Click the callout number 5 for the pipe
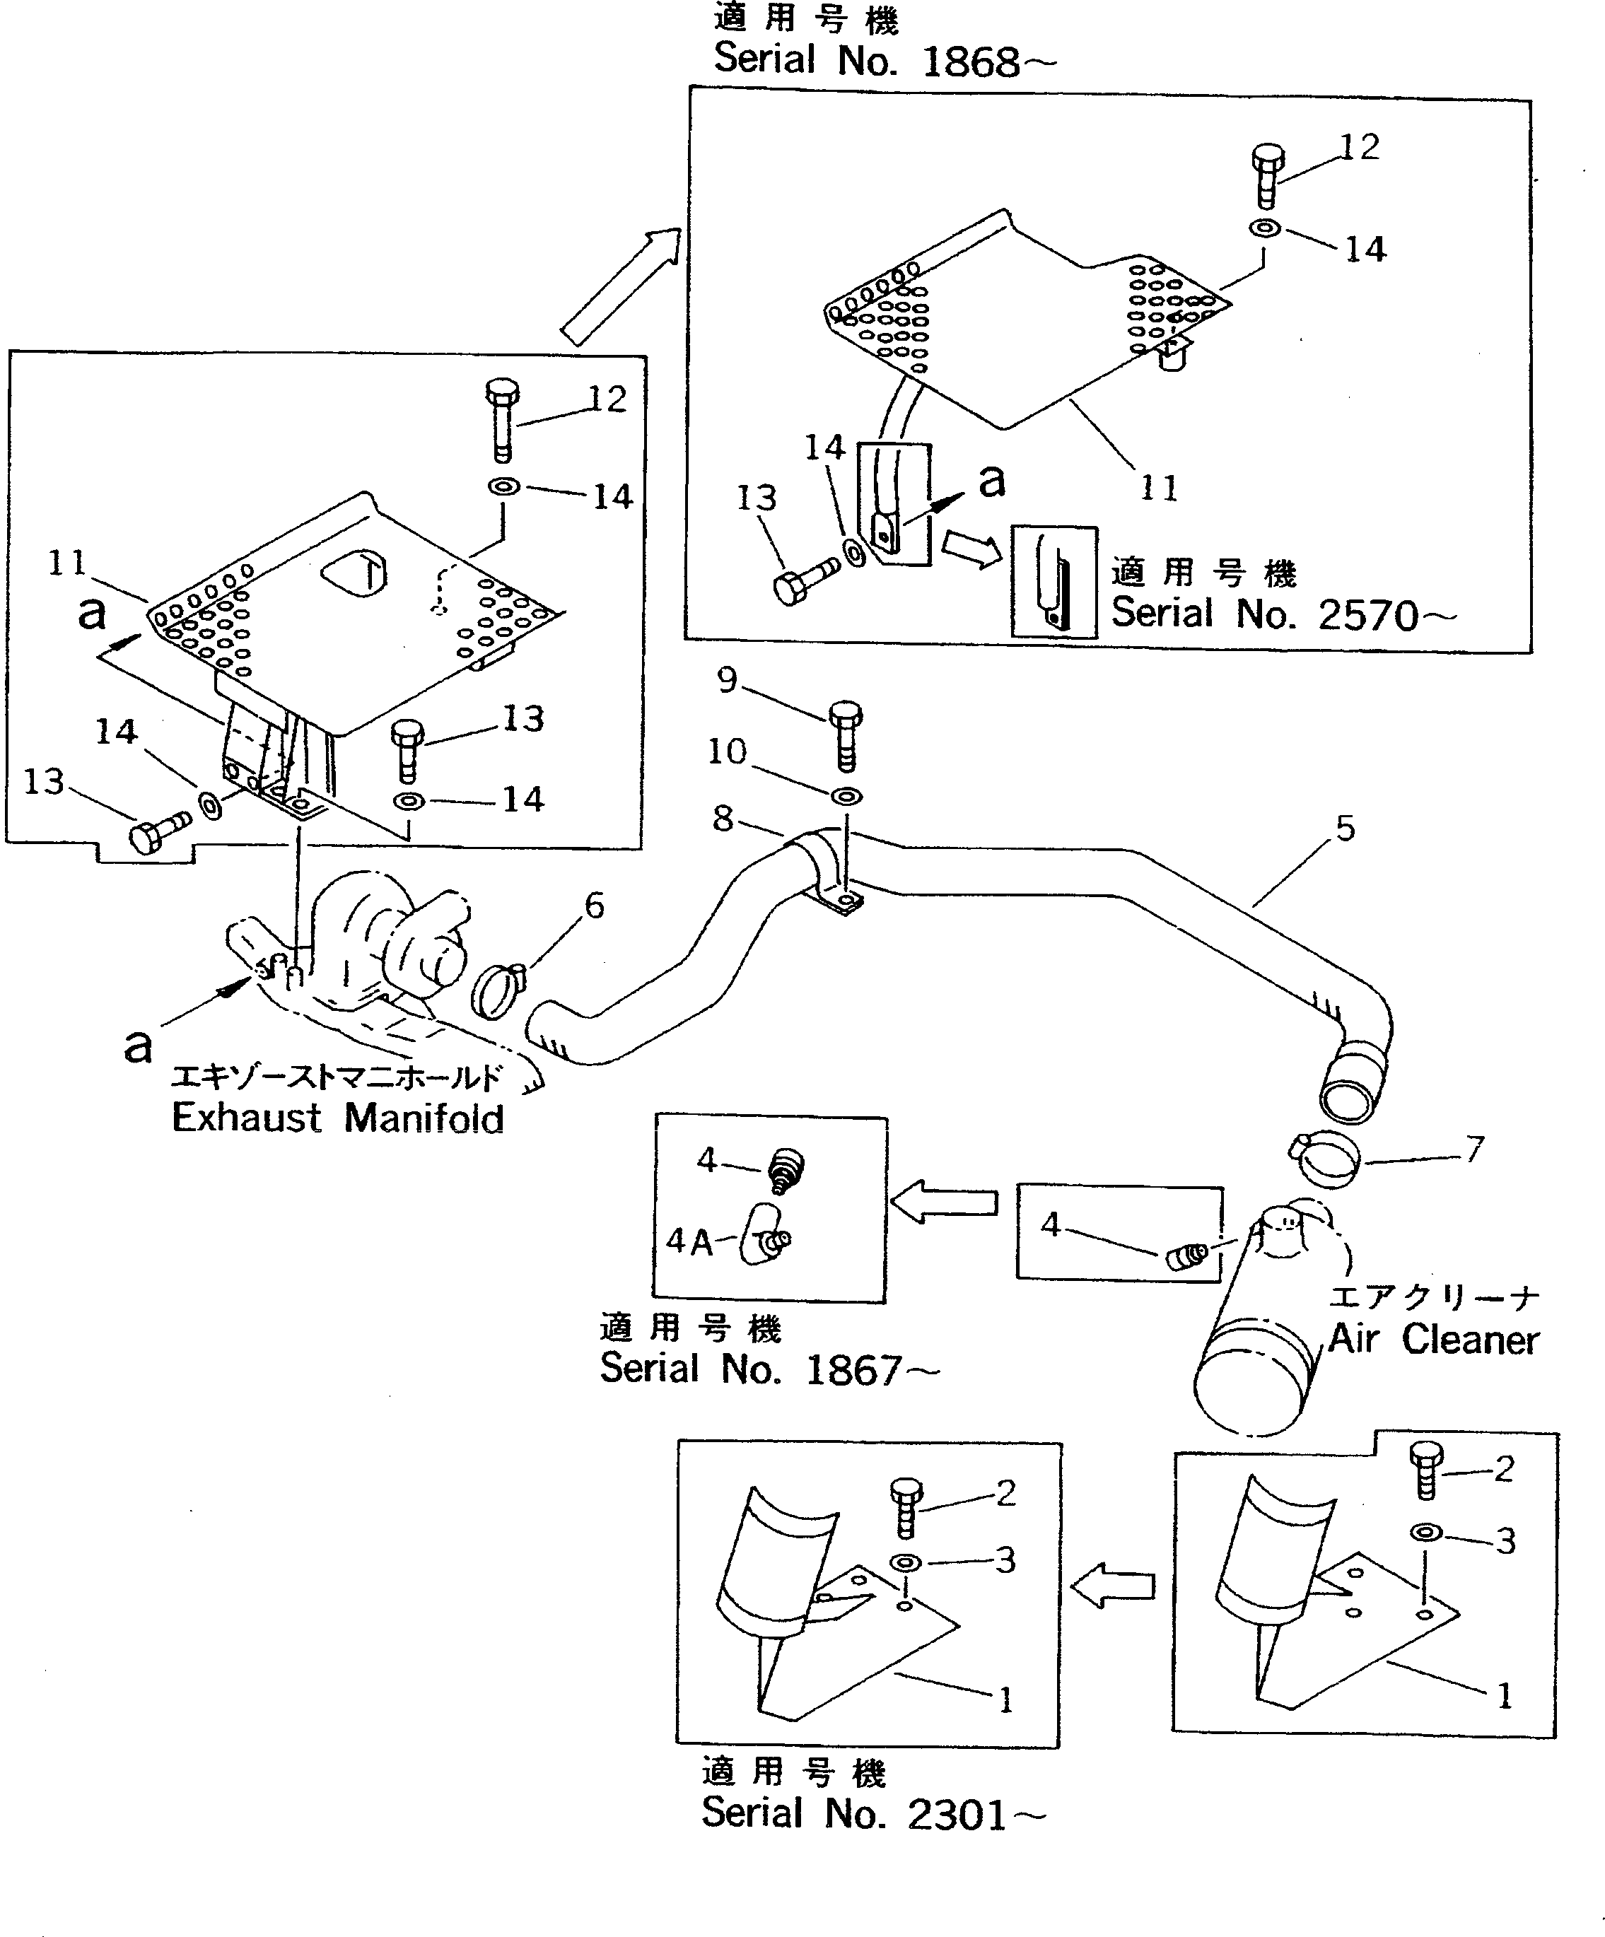point(1345,829)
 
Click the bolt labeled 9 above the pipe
point(846,735)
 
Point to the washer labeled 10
point(847,795)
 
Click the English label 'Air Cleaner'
point(1433,1340)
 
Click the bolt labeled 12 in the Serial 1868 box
point(1268,175)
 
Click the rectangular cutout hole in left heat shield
point(354,574)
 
